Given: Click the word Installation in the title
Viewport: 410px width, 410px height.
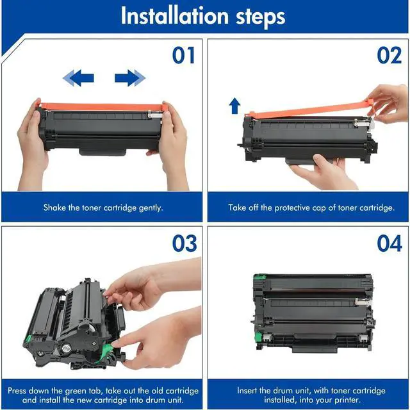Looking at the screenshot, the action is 175,16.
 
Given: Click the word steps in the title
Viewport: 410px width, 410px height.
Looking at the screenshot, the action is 261,17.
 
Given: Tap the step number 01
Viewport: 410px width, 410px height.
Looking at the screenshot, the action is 184,55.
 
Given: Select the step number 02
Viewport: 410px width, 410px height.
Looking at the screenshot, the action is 389,55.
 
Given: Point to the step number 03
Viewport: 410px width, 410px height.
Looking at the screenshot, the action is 184,243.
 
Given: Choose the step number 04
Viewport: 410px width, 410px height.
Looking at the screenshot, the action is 389,243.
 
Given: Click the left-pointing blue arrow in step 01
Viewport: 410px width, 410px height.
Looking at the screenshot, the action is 78,78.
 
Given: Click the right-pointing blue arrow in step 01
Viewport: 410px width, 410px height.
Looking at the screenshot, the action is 130,78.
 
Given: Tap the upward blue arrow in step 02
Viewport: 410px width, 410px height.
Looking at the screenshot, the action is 234,106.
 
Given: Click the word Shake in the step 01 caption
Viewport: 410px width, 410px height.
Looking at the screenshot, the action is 54,208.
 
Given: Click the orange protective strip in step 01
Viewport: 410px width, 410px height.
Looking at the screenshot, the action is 102,106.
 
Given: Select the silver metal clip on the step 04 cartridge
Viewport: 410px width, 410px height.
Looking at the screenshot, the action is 363,302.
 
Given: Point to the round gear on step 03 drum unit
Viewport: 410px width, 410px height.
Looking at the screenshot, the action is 66,348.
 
